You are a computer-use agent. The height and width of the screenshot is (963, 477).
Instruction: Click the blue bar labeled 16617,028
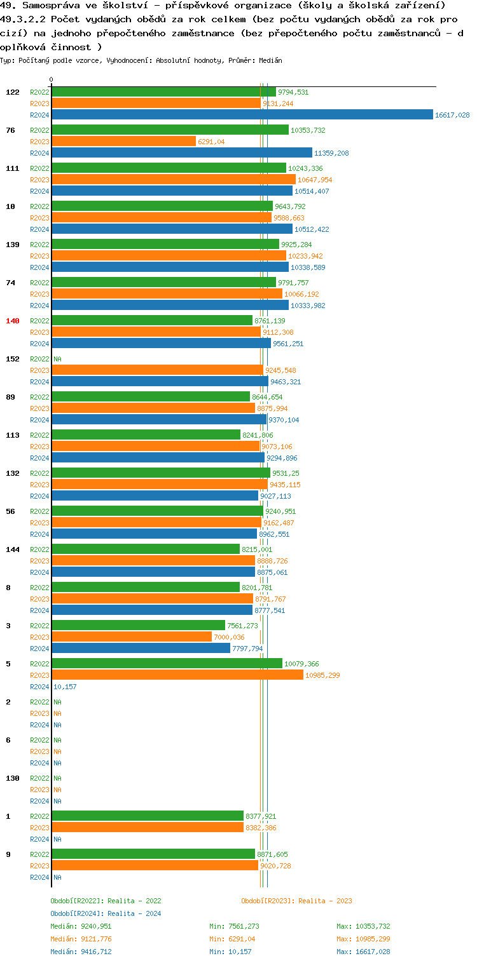coord(242,115)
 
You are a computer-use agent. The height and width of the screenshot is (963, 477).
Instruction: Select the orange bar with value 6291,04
coord(124,142)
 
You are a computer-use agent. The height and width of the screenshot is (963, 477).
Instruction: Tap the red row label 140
coord(13,321)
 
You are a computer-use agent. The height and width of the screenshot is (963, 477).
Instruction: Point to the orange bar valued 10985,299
coord(177,675)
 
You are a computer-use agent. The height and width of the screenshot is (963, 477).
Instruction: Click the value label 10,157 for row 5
coord(65,687)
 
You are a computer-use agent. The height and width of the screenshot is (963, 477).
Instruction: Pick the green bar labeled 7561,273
coord(139,626)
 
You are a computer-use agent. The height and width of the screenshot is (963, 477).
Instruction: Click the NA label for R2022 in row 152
coord(57,359)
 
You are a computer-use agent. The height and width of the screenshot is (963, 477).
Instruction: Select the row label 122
coord(13,92)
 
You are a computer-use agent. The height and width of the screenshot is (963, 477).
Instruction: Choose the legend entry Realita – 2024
coord(106,913)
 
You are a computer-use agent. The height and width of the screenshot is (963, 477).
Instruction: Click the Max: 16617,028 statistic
coord(363,952)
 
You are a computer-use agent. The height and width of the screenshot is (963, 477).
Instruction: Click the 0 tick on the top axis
coord(52,79)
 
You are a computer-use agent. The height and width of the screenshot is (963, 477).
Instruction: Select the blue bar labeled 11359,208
coord(182,153)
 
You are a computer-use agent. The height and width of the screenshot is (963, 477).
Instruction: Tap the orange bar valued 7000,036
coord(132,637)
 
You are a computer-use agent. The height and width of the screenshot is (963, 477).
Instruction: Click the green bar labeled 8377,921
coord(148,816)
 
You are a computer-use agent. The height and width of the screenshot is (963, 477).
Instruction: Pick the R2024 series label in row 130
coord(39,801)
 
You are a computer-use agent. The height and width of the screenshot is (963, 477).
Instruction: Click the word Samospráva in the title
coord(43,6)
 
